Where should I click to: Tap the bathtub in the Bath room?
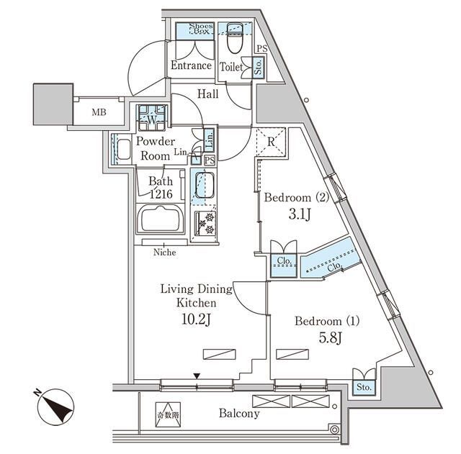click(161, 219)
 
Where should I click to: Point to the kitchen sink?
click(204, 185)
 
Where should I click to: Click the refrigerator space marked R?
click(271, 142)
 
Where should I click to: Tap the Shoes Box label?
click(201, 28)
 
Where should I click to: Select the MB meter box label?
click(99, 112)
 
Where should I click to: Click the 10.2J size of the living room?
click(196, 319)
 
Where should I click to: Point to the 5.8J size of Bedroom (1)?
click(330, 338)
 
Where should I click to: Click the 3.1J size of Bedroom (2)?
click(299, 214)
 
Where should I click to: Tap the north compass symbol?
click(56, 407)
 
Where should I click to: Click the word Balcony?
click(239, 414)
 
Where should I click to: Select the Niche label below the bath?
click(165, 253)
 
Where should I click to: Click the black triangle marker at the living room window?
click(197, 376)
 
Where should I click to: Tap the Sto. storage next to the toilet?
click(259, 67)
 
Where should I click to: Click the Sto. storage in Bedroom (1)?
click(364, 387)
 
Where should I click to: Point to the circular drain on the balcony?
click(334, 430)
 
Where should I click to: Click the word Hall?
click(208, 94)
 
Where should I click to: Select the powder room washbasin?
click(123, 149)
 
